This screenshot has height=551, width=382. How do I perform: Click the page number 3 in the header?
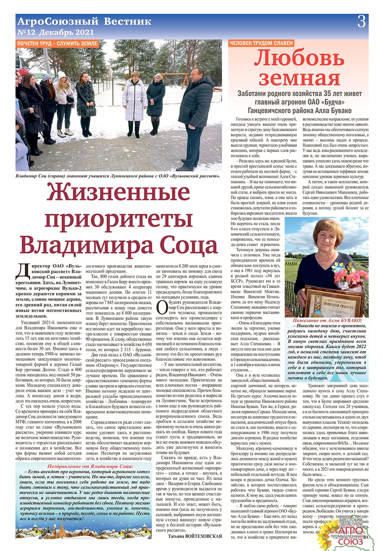361,22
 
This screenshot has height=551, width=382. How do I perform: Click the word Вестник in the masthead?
128,21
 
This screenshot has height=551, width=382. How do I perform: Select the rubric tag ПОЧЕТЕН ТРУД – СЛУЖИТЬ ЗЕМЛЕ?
57,43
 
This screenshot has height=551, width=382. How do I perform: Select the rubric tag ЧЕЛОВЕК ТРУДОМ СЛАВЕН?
261,43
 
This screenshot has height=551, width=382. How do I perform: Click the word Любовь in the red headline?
299,58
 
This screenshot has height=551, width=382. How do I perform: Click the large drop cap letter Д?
23,270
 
